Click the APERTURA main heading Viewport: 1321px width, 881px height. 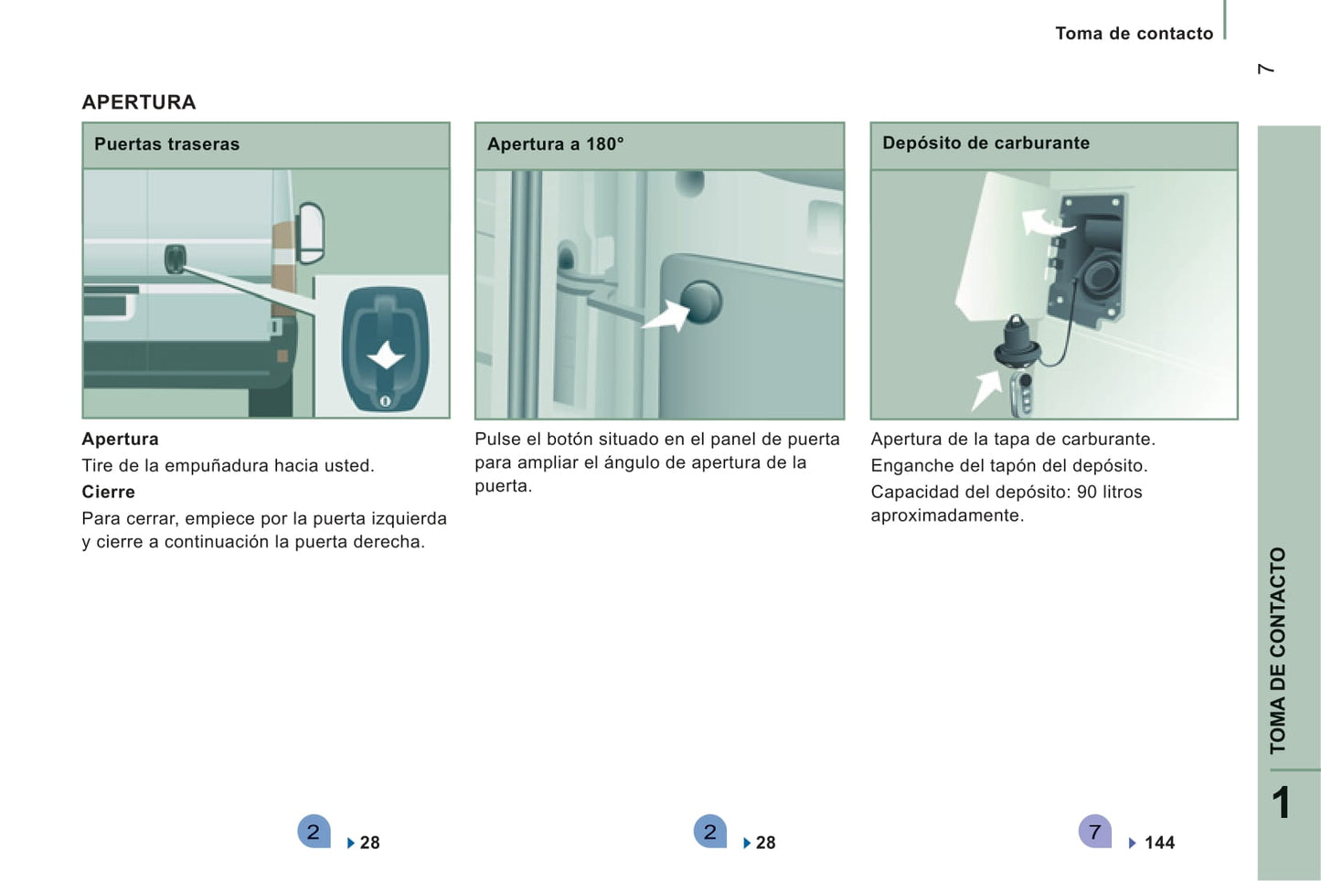(139, 102)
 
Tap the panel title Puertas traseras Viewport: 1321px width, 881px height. (167, 143)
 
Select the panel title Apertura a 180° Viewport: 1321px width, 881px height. (556, 143)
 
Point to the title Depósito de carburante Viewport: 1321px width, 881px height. (986, 143)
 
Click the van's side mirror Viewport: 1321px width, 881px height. (311, 232)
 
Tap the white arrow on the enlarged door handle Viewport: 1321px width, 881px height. (387, 356)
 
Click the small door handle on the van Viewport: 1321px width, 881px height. (176, 259)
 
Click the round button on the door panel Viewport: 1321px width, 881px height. (700, 302)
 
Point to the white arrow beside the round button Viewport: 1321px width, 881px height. (666, 316)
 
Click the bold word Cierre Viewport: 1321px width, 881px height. (109, 492)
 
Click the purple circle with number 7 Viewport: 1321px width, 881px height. (1095, 832)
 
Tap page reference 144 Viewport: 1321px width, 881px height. (1159, 843)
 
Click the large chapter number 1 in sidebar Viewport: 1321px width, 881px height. (1281, 802)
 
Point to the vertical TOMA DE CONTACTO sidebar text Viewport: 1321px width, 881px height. (1277, 651)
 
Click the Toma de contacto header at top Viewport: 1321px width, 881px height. (1135, 34)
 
